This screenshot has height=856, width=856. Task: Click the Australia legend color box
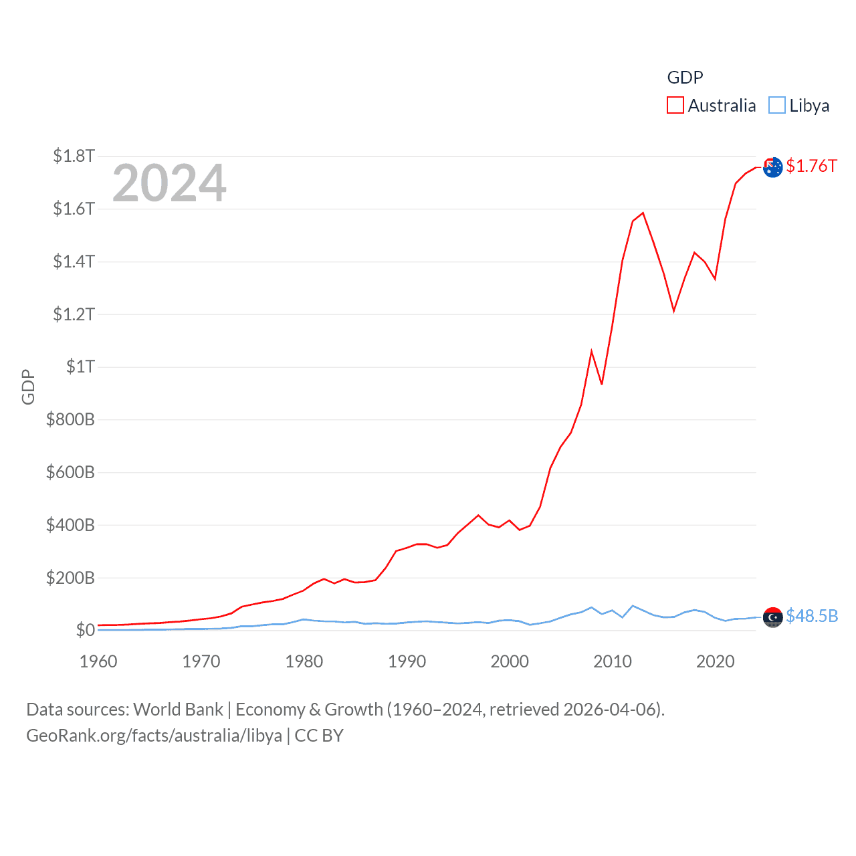point(675,106)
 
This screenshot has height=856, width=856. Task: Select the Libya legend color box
point(776,106)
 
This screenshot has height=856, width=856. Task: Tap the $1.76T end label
point(811,166)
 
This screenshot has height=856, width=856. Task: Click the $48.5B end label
point(812,616)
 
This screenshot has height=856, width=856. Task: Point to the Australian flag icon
point(772,167)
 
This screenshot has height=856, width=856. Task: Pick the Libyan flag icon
point(772,617)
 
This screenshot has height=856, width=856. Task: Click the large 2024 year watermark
point(169,183)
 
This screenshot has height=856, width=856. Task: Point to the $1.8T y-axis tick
point(74,156)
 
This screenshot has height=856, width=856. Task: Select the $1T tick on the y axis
point(80,366)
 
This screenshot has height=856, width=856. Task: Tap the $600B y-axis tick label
point(70,472)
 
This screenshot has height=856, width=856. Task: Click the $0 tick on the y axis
point(85,630)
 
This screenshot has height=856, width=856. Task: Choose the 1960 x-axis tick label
point(98,661)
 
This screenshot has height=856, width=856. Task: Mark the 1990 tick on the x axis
point(407,661)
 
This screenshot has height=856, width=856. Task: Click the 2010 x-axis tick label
point(613,661)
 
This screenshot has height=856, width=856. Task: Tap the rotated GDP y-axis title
point(28,387)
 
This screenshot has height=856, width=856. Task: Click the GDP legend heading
point(685,78)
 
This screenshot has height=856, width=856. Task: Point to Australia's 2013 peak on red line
point(643,213)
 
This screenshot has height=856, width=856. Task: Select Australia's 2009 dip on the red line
point(602,384)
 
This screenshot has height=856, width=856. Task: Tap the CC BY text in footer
point(319,736)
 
